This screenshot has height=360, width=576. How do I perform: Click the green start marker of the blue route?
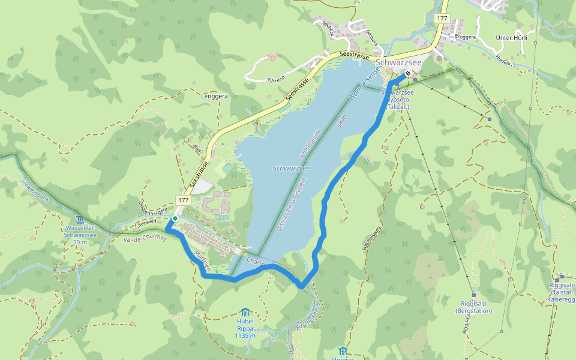(x=174, y=219)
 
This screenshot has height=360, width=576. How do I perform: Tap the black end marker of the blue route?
(x=408, y=74)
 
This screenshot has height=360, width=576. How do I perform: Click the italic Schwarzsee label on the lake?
(x=290, y=169)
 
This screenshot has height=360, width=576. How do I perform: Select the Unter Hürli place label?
(x=511, y=37)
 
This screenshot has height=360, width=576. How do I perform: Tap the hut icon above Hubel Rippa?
(x=245, y=312)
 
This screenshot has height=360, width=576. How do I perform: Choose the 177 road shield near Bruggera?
(x=442, y=19)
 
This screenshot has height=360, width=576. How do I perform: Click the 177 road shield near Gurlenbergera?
(x=183, y=199)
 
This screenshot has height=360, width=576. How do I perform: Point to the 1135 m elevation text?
(x=245, y=336)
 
